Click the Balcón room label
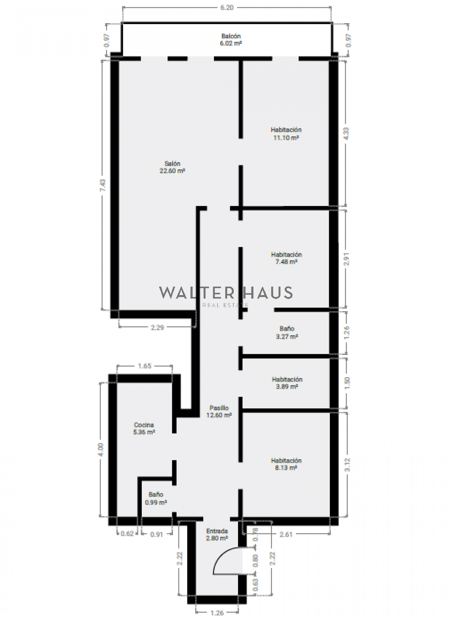[x=231, y=39]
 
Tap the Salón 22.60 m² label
[x=172, y=167]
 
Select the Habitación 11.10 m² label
[x=286, y=134]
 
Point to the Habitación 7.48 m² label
[x=286, y=258]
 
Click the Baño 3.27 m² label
[x=287, y=333]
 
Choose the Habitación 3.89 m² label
[x=287, y=383]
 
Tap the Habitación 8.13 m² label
[x=286, y=464]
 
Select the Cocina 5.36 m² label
[x=144, y=428]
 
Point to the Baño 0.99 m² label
[x=156, y=498]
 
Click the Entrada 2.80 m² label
[x=217, y=535]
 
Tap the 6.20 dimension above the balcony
[x=227, y=7]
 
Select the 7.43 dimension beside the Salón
[x=102, y=185]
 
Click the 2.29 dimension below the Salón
[x=157, y=328]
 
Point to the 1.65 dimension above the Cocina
[x=144, y=366]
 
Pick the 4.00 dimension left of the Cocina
[x=101, y=450]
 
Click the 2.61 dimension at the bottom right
[x=286, y=535]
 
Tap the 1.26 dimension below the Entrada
[x=217, y=613]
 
